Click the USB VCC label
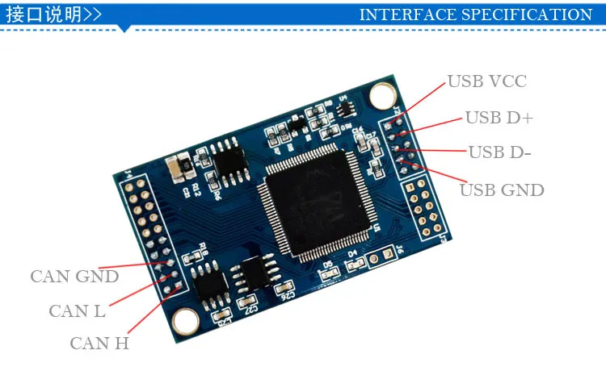click(486, 81)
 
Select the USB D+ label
click(499, 118)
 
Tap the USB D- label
click(499, 152)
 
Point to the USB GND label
click(502, 190)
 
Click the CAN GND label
click(74, 277)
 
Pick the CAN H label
click(99, 344)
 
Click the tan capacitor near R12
click(179, 169)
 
